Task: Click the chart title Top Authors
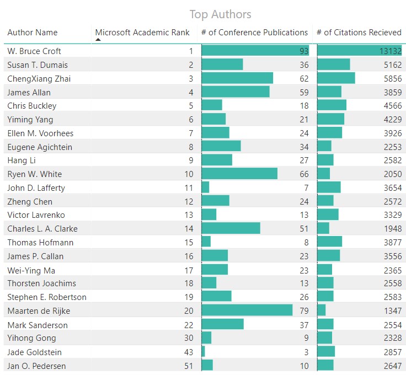(x=220, y=14)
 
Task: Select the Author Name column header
(x=33, y=33)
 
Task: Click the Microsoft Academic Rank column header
(x=142, y=33)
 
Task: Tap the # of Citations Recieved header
(x=359, y=33)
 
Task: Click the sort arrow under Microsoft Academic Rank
(x=98, y=40)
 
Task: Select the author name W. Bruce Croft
(x=34, y=51)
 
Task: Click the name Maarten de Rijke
(x=39, y=311)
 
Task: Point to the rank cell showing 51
(x=189, y=366)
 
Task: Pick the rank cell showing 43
(x=189, y=352)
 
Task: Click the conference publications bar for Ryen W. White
(x=239, y=174)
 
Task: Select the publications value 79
(x=303, y=311)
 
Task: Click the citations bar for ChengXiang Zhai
(x=336, y=79)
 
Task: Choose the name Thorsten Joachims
(x=42, y=283)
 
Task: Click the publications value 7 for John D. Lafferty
(x=305, y=188)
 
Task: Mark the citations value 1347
(x=393, y=311)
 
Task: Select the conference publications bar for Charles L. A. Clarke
(x=231, y=229)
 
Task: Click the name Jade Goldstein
(x=35, y=352)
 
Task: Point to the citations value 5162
(x=393, y=65)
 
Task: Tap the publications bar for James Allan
(x=236, y=92)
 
